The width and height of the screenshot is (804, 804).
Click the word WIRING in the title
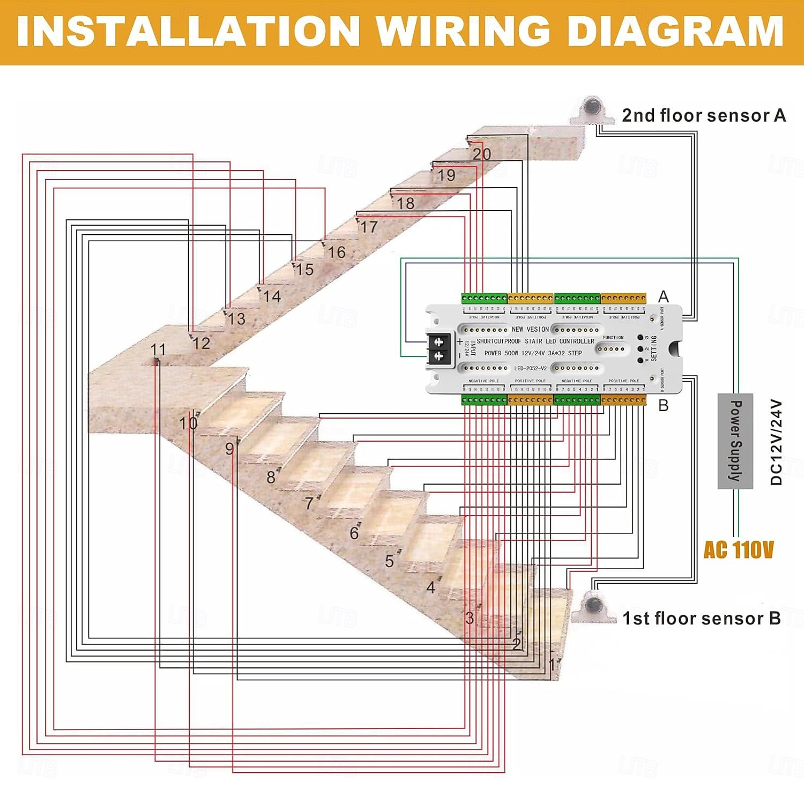pos(463,31)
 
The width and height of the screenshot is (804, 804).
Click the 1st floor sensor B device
pos(593,608)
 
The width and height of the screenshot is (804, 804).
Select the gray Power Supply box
pos(735,441)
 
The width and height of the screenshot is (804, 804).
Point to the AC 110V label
pos(738,550)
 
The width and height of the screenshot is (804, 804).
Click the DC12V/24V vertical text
pos(777,442)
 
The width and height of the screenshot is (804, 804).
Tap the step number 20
pos(481,154)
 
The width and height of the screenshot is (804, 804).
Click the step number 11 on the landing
pos(158,349)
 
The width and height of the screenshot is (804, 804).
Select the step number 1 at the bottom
pos(552,665)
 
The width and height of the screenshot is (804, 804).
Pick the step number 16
pos(337,252)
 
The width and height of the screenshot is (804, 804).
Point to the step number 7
pos(308,503)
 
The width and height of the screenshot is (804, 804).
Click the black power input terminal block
pos(439,348)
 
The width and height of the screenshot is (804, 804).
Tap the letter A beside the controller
pos(663,296)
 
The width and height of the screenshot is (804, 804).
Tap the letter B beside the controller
pos(663,406)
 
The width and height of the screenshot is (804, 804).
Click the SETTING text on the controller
pos(653,348)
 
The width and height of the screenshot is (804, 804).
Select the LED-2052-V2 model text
pos(530,368)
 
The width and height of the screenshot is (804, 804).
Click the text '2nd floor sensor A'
pos(703,115)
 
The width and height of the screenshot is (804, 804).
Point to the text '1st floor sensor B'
pos(701,618)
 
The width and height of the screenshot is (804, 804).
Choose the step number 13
pos(236,319)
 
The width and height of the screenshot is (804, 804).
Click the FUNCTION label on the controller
pos(613,338)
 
